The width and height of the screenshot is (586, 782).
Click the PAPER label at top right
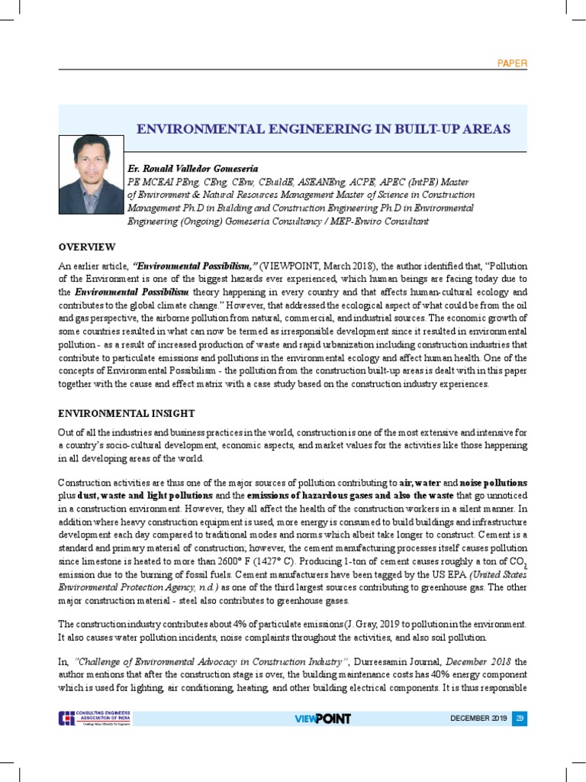click(511, 63)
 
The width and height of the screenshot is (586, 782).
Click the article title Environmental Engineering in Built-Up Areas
click(323, 128)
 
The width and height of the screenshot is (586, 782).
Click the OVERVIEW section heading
click(87, 247)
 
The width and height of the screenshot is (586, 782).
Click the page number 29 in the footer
click(520, 718)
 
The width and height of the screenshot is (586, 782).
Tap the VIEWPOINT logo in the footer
click(322, 719)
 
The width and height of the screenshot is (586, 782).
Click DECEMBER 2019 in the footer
click(478, 719)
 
